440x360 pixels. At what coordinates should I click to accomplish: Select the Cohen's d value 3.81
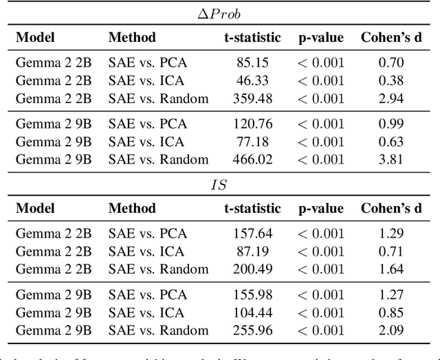(392, 159)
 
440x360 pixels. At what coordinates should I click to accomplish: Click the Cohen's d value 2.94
(392, 98)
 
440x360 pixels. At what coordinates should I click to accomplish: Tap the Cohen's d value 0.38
(392, 81)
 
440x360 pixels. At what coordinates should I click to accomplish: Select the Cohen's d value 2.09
(392, 330)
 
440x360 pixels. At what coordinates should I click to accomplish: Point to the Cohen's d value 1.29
(392, 234)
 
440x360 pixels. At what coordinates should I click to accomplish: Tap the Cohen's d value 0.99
(392, 124)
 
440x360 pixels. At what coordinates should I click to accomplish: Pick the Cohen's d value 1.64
(392, 269)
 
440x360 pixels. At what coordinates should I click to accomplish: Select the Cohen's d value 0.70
(392, 63)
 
